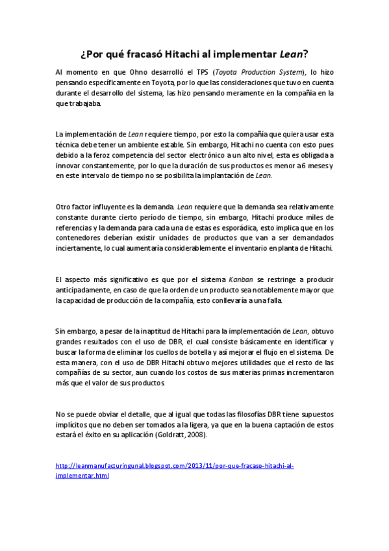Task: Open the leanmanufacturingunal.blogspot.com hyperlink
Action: tap(175, 466)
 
